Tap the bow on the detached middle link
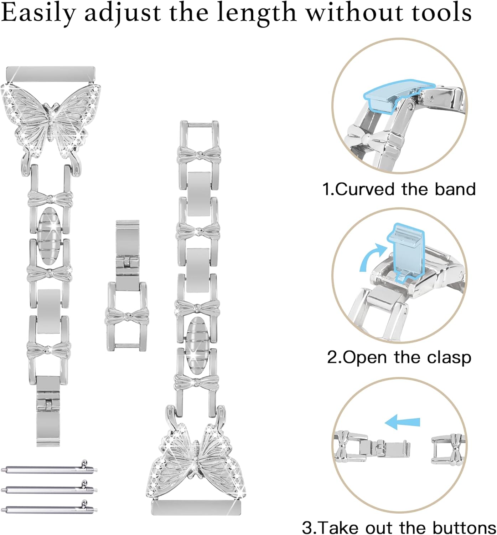[127, 316]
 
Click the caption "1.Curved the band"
[399, 189]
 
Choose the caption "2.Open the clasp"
[399, 357]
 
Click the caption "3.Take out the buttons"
[399, 527]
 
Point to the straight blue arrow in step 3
[403, 422]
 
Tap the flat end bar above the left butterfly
[51, 73]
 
